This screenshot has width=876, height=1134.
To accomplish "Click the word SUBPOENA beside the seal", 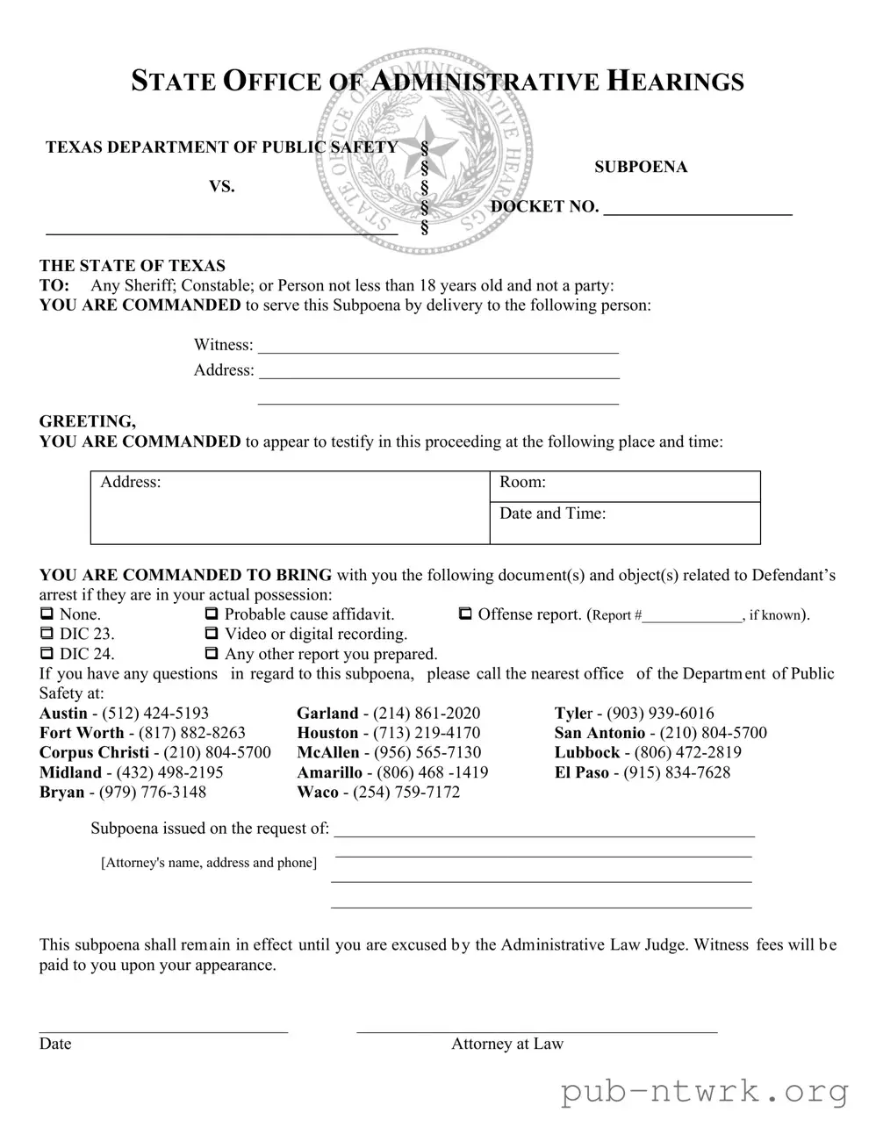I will coord(640,167).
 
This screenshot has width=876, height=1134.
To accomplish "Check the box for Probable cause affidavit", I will coord(211,614).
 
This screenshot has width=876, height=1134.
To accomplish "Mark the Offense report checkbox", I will coord(465,614).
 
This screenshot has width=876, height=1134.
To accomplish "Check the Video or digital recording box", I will coord(211,634).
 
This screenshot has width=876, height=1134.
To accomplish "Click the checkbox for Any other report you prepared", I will coord(211,654).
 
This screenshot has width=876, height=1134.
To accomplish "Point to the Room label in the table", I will coord(522,482).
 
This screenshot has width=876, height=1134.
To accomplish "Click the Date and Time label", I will coord(552,513).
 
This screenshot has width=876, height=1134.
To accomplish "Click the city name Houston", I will coord(327,733).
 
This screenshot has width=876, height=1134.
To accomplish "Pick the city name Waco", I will coord(317,793).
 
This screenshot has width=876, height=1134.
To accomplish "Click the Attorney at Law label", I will coord(507,1044).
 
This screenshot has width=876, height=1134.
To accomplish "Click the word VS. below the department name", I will coord(221,187).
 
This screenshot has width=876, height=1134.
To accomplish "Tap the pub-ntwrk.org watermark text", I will coord(705,1092).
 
